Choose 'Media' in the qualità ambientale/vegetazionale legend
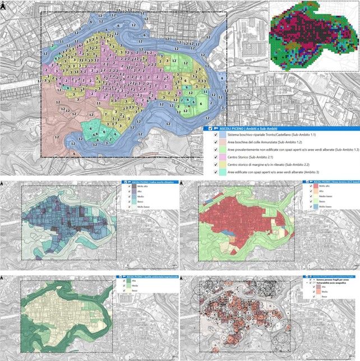coord(135,287)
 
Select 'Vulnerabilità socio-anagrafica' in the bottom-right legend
coord(327,284)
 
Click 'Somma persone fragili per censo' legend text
coord(328,280)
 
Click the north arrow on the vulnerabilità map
coord(185,277)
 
